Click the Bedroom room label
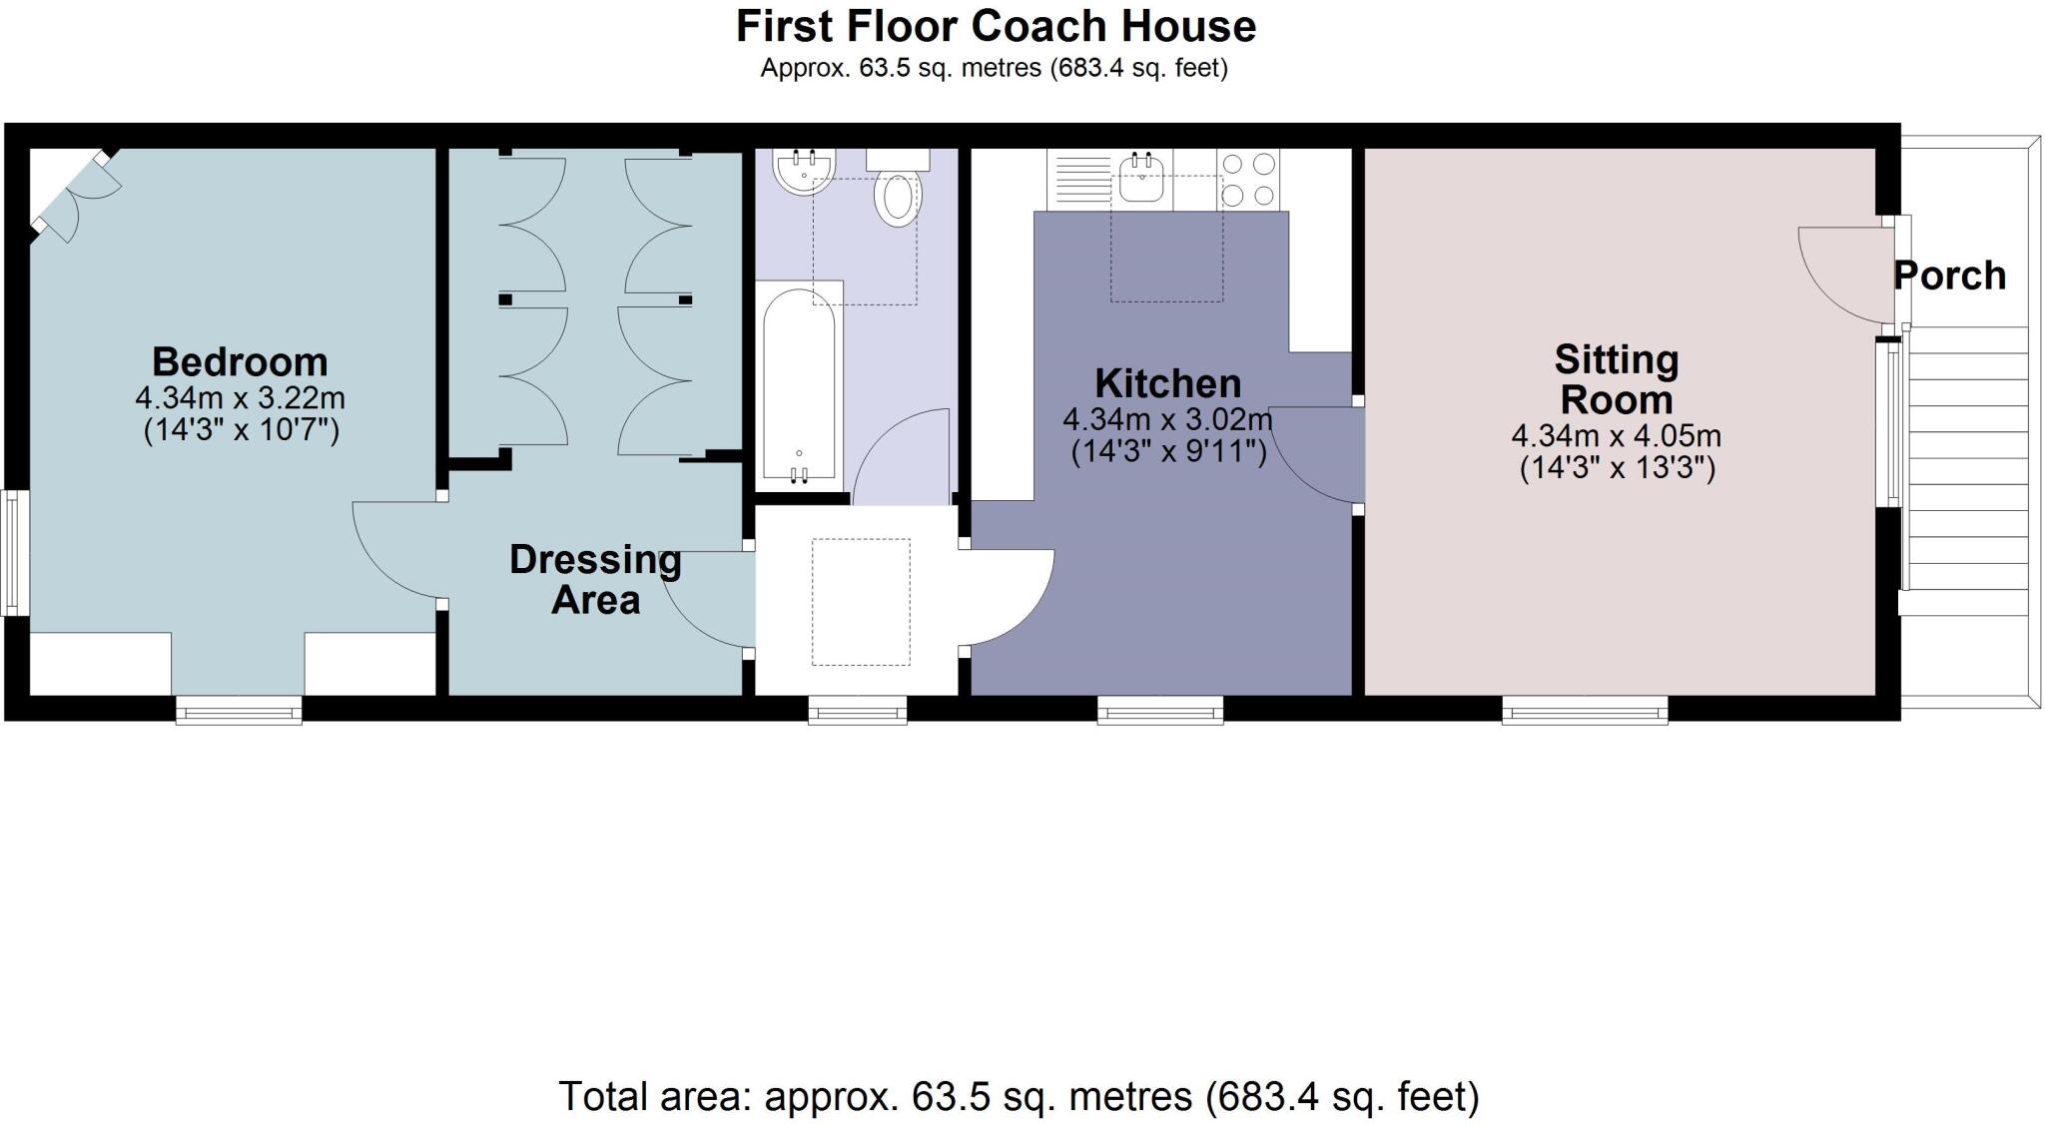click(240, 361)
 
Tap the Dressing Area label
click(595, 580)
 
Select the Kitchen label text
click(1167, 383)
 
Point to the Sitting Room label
click(1617, 380)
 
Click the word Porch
click(1950, 276)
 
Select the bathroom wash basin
click(804, 172)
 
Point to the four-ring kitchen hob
click(1248, 180)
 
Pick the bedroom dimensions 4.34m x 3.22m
click(240, 398)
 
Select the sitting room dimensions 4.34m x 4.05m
click(1617, 436)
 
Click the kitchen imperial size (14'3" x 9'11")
click(1168, 452)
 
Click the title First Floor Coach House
click(996, 26)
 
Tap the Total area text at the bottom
click(1019, 1096)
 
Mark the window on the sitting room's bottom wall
click(1585, 710)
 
